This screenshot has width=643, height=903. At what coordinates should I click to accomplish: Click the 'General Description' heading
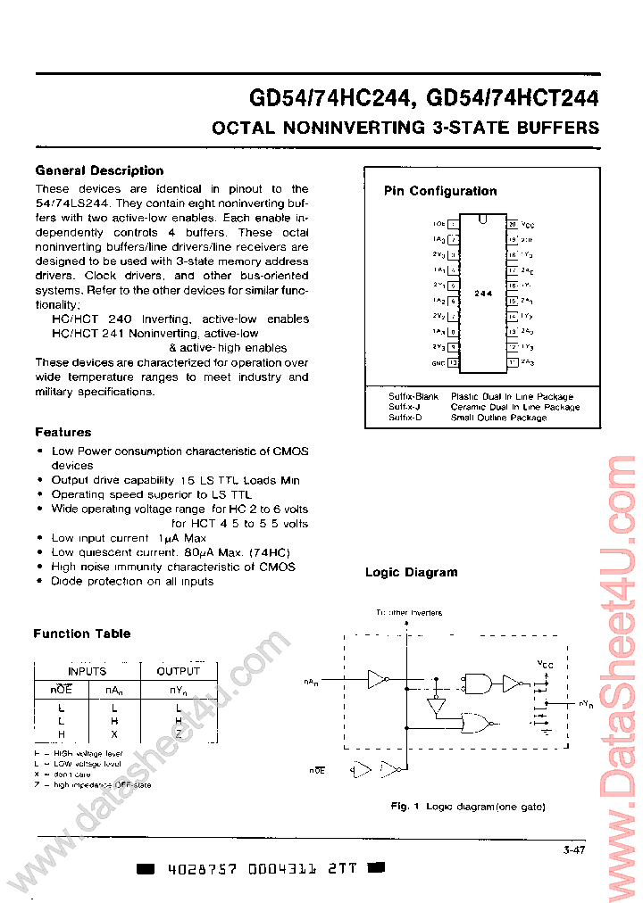click(x=99, y=170)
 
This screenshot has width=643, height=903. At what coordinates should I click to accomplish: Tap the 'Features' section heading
click(x=63, y=432)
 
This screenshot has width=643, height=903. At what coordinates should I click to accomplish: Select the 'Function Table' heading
click(x=81, y=634)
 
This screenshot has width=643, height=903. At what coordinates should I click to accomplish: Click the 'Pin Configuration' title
click(x=440, y=191)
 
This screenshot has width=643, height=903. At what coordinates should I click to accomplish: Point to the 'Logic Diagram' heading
click(x=411, y=573)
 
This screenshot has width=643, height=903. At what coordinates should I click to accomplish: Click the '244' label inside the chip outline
click(x=483, y=293)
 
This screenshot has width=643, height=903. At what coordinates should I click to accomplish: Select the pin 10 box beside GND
click(x=454, y=362)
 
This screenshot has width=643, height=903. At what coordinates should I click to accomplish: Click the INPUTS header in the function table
click(x=87, y=671)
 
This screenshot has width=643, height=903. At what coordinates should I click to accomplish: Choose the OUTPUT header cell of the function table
click(x=179, y=671)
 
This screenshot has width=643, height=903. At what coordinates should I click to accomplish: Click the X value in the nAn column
click(x=113, y=733)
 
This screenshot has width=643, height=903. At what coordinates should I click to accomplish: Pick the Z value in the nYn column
click(x=179, y=733)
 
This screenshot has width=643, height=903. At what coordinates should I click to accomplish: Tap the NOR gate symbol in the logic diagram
click(x=474, y=723)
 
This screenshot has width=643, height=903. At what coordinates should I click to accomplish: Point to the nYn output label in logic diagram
click(x=585, y=705)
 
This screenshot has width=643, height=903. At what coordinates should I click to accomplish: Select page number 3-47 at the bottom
click(x=573, y=850)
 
